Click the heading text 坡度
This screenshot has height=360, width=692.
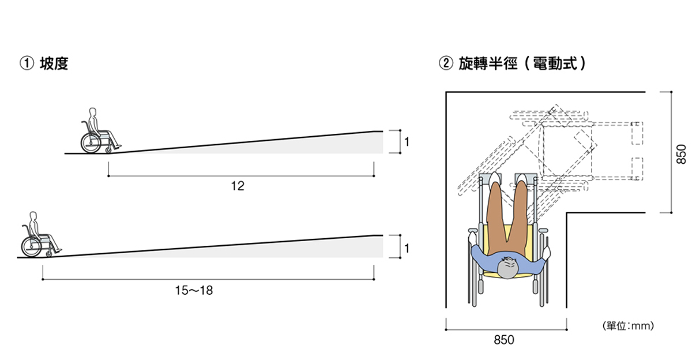click(54, 63)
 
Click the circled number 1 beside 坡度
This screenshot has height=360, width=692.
click(27, 63)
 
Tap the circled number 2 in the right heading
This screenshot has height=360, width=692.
click(446, 63)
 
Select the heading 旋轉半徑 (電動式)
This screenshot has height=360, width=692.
click(522, 63)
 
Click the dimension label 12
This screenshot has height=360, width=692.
click(238, 186)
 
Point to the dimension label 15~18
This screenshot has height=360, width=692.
click(194, 290)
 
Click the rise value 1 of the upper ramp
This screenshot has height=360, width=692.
click(407, 142)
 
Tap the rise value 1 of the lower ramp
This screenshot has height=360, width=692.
click(407, 249)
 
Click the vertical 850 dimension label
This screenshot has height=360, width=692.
click(681, 154)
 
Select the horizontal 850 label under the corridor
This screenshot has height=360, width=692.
click(504, 340)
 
